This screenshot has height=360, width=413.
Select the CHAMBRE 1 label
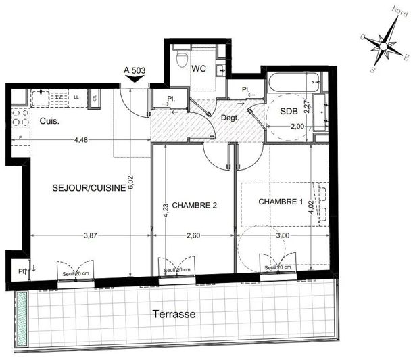[x=280, y=201]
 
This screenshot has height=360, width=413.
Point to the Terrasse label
[x=174, y=315]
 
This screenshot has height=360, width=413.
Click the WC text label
[x=199, y=68]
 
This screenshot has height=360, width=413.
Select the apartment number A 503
[x=135, y=69]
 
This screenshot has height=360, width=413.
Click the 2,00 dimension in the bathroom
[x=297, y=127]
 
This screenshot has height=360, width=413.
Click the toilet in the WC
[x=180, y=60]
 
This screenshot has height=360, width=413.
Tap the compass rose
[x=384, y=46]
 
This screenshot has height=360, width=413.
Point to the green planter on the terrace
[x=23, y=315]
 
